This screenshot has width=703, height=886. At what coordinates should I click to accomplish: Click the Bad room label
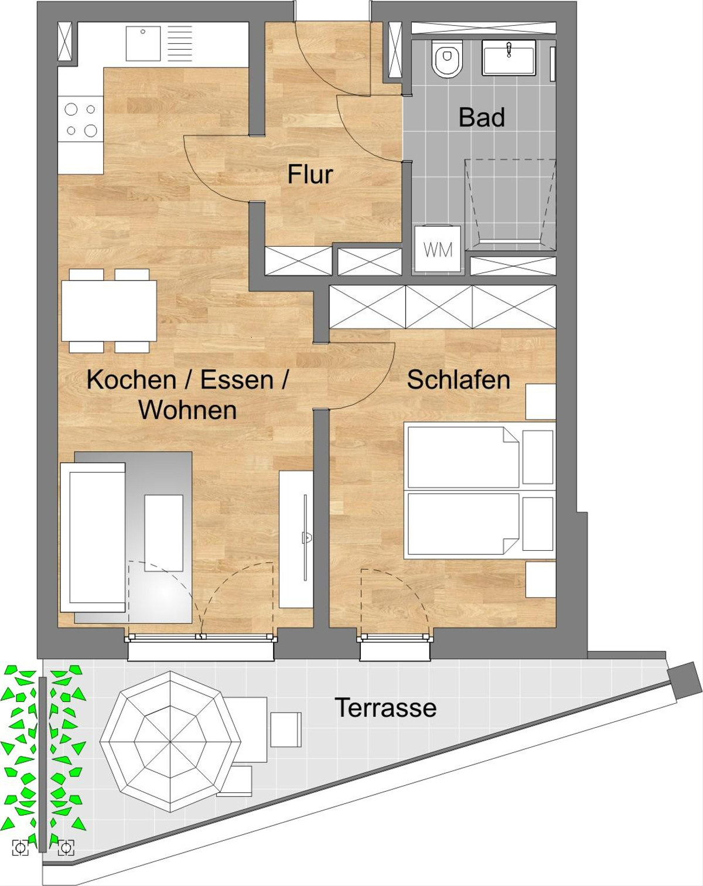pos(482,117)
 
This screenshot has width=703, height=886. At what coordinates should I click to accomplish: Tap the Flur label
pos(310,174)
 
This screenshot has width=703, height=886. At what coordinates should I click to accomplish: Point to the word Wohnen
pos(187,410)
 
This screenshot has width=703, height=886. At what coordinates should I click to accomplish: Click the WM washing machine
pos(438,248)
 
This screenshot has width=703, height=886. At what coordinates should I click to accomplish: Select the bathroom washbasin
pos(509,57)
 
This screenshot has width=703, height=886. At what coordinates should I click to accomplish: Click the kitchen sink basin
pos(143,43)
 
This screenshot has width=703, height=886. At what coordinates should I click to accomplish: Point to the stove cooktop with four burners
pos(81,120)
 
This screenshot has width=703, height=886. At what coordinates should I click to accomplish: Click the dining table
pos(109,311)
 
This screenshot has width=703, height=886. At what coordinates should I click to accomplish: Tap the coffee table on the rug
pos(164,533)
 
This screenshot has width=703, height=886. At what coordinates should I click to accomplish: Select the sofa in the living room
pos(93,537)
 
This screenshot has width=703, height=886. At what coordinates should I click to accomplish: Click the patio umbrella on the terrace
pos(170,741)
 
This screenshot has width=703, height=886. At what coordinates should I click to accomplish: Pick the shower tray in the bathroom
pos(510,204)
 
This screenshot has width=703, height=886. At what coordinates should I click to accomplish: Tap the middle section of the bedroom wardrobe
pos(439,307)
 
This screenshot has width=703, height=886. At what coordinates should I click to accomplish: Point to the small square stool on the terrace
pos(286,730)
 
